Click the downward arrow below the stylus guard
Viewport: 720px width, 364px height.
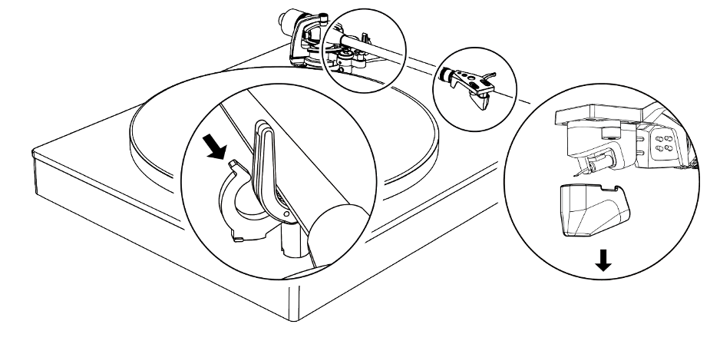tap(604, 262)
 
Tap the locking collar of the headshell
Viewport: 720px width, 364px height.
tap(443, 75)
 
